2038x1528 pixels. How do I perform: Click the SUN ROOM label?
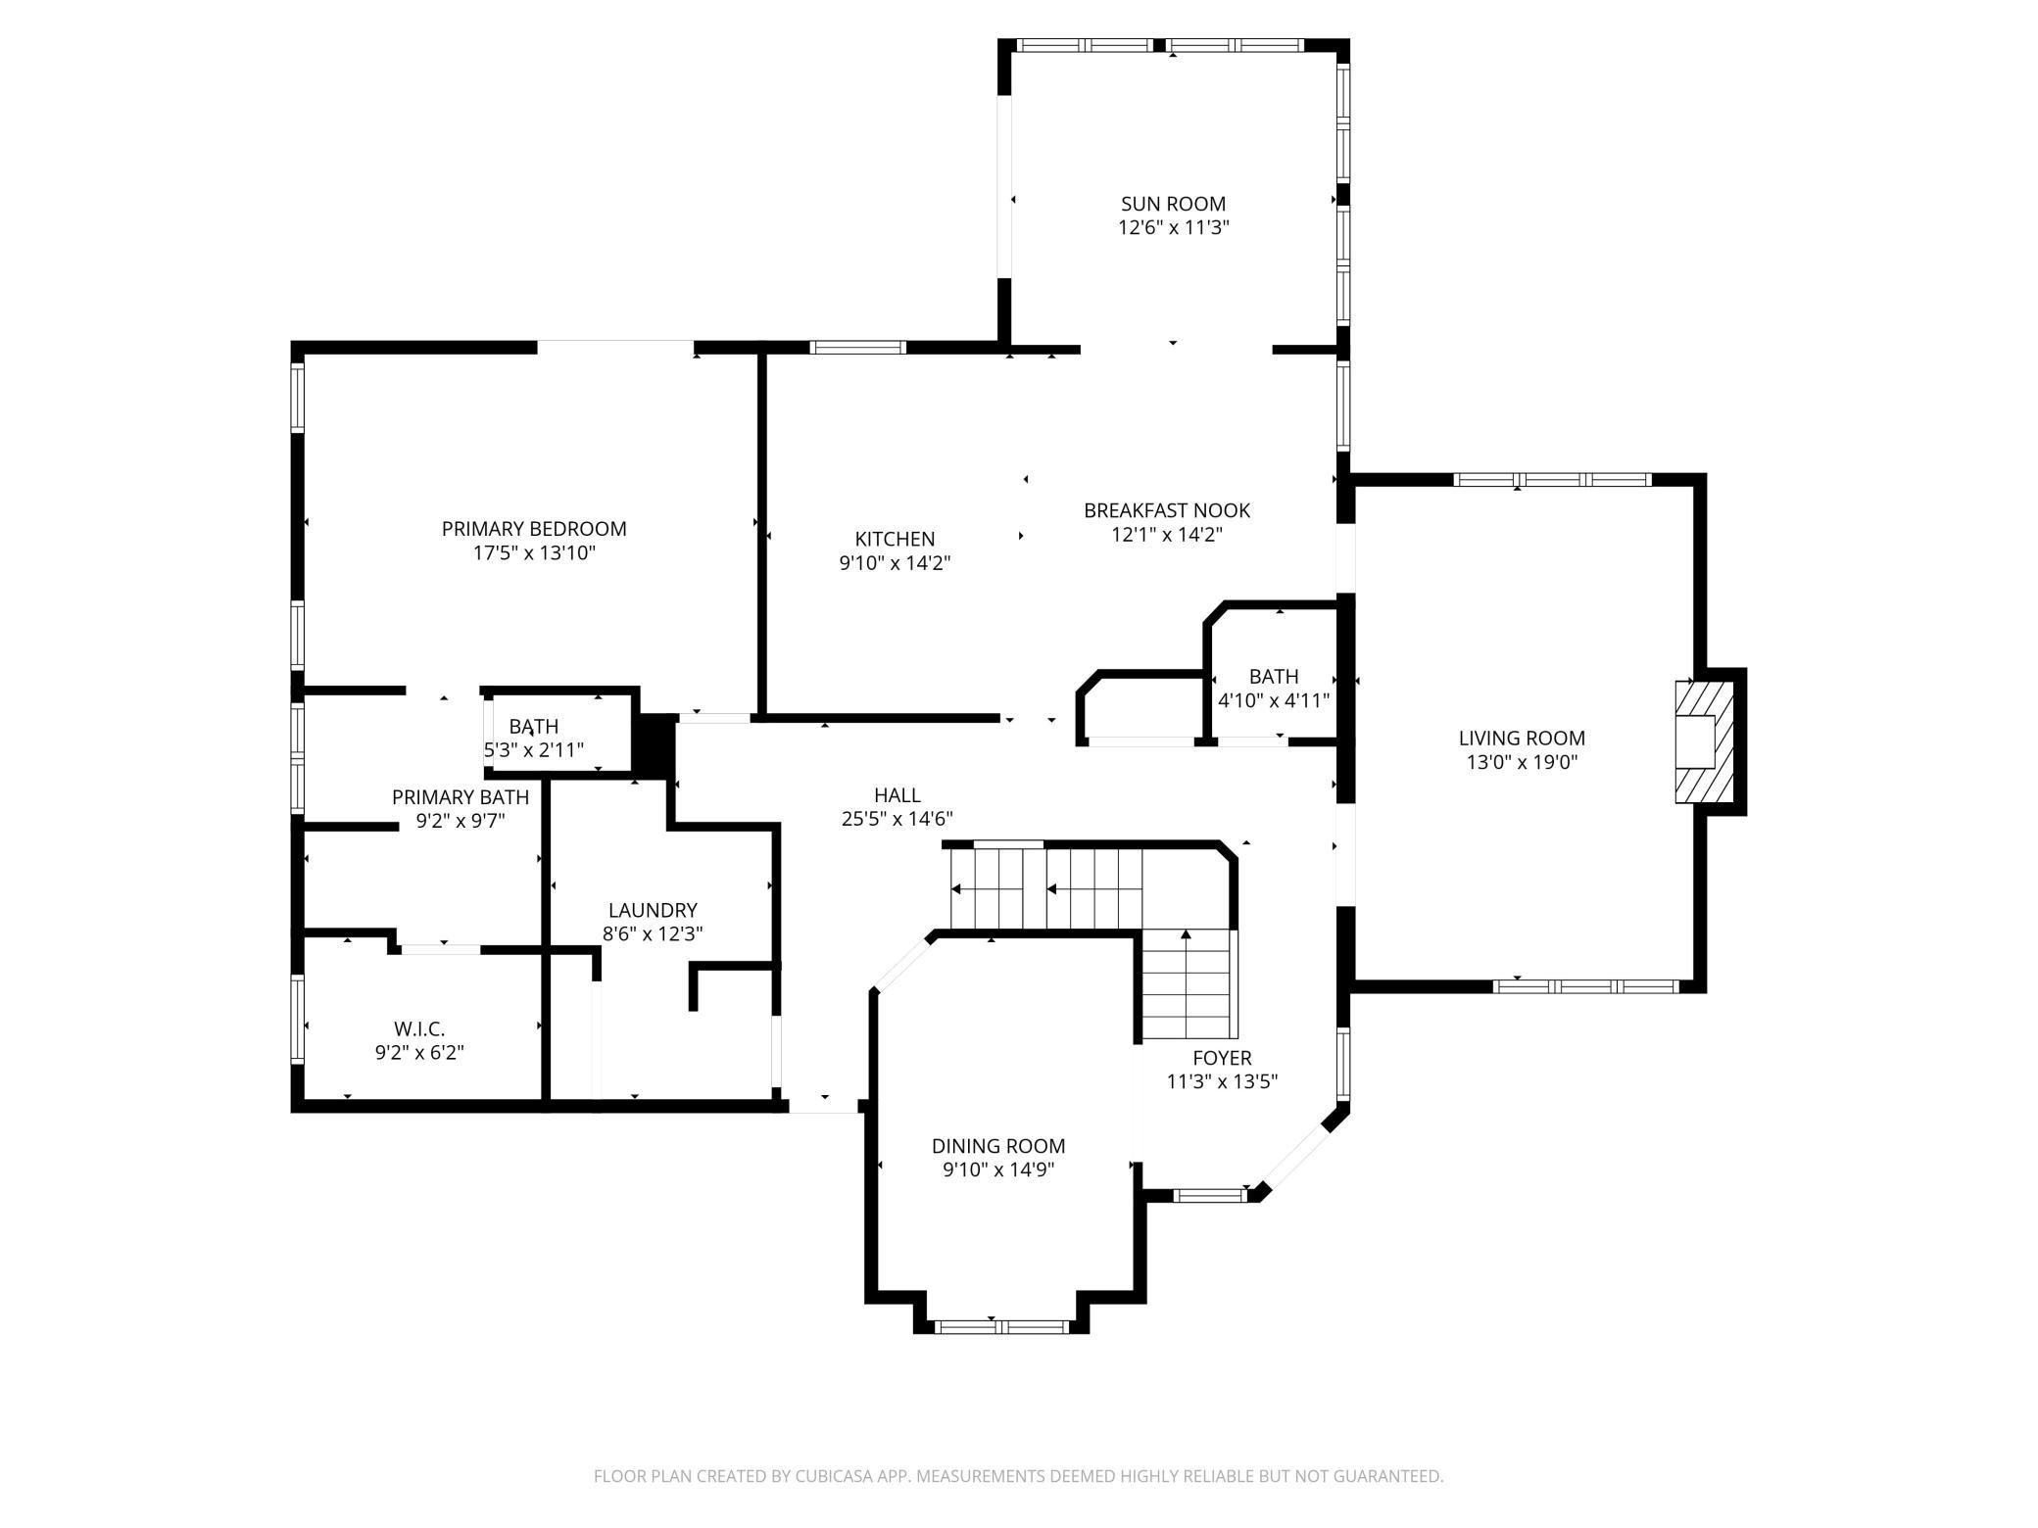[1173, 204]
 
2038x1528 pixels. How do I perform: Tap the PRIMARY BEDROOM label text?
[534, 529]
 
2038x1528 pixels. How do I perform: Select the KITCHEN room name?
[895, 539]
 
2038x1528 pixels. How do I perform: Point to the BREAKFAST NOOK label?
[1167, 510]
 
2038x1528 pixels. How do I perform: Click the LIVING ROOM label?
[1522, 739]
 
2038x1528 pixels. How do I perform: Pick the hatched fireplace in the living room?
[1703, 741]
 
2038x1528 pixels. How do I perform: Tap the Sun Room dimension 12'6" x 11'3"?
[1173, 228]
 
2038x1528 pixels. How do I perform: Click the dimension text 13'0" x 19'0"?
[1522, 763]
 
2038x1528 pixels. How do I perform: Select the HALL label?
[897, 795]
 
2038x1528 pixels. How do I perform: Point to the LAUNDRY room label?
[653, 910]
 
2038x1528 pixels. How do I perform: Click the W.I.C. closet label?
[419, 1028]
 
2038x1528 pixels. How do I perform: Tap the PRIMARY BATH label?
[461, 796]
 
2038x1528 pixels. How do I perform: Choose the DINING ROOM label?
[998, 1146]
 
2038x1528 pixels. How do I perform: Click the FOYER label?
[1222, 1058]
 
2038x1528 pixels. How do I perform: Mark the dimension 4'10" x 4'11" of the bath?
[1274, 700]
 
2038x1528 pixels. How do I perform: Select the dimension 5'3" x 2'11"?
[534, 750]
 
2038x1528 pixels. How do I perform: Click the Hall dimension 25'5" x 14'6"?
[897, 819]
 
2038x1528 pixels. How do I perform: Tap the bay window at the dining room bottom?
[1000, 1327]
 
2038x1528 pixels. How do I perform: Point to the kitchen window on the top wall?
[858, 347]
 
